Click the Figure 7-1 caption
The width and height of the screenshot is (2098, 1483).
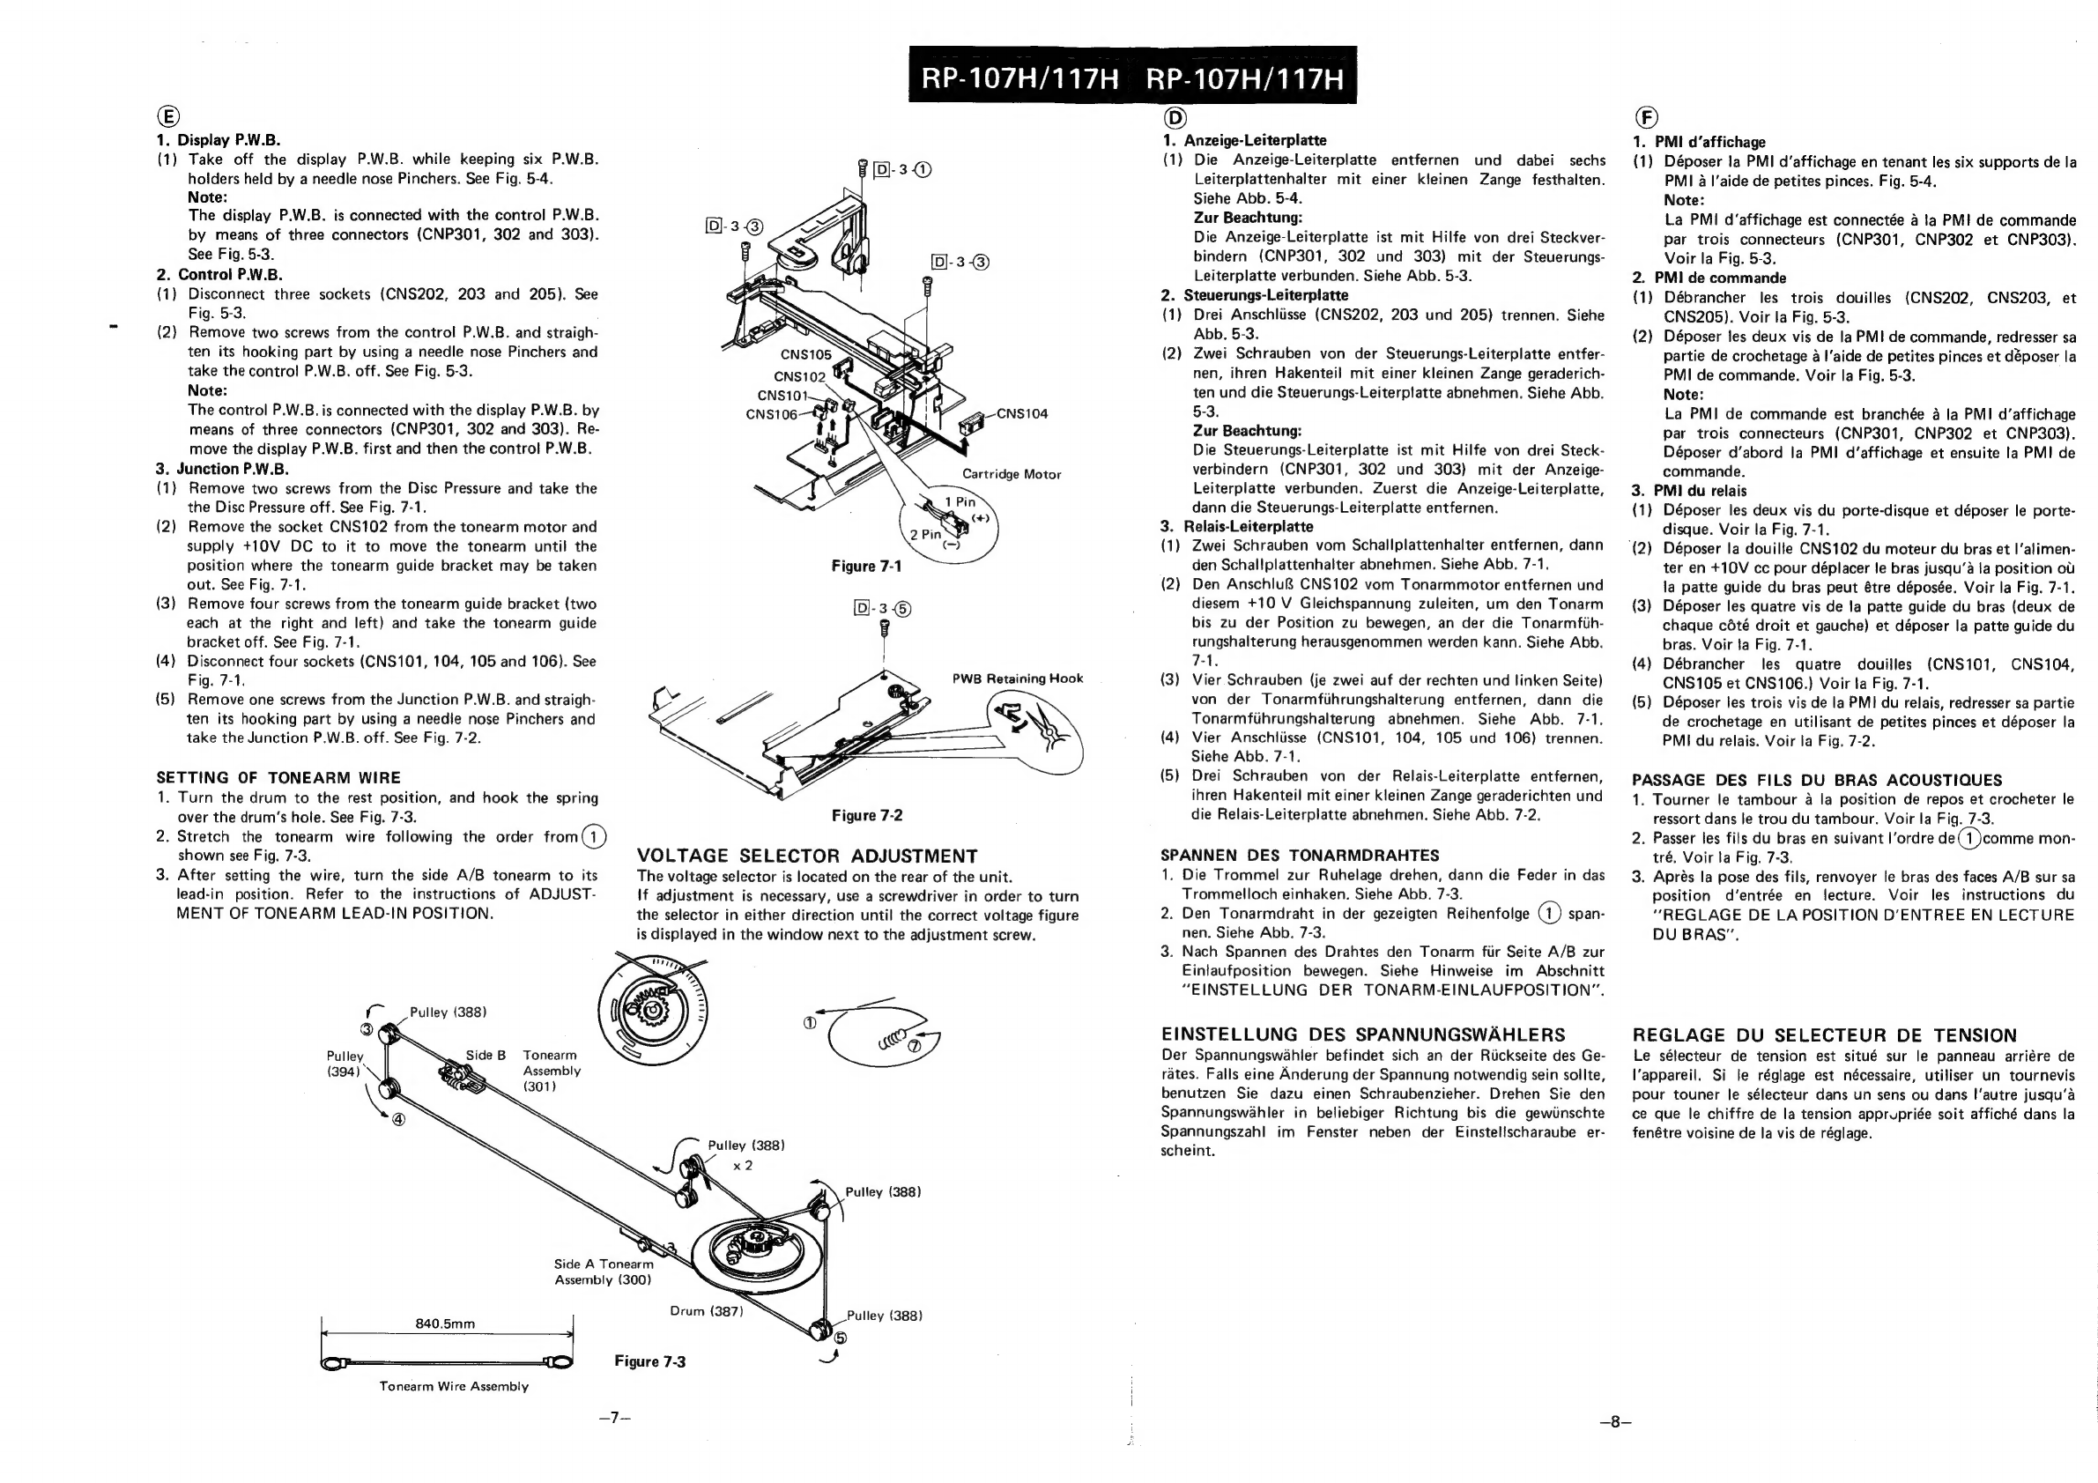click(x=866, y=567)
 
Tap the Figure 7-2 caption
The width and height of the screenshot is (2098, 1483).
click(x=866, y=815)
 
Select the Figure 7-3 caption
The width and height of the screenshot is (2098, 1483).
click(x=649, y=1361)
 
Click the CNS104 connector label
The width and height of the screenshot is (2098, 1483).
click(x=1021, y=414)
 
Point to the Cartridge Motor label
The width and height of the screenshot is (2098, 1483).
click(x=1012, y=474)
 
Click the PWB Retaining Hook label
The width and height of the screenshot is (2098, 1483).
click(x=1017, y=678)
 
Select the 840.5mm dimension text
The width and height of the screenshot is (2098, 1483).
click(x=445, y=1324)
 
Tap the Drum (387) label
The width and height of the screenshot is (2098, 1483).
click(x=707, y=1311)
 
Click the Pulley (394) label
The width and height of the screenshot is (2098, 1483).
click(x=345, y=1064)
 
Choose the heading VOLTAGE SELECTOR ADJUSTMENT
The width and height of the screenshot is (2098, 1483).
click(x=807, y=856)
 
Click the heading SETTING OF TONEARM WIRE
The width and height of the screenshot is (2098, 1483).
click(x=278, y=777)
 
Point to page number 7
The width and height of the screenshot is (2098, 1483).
click(x=615, y=1417)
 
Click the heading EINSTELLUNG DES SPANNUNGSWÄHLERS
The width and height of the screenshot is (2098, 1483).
click(x=1362, y=1034)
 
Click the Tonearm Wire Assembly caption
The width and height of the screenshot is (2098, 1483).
click(x=454, y=1386)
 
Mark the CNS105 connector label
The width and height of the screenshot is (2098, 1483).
click(x=806, y=354)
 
